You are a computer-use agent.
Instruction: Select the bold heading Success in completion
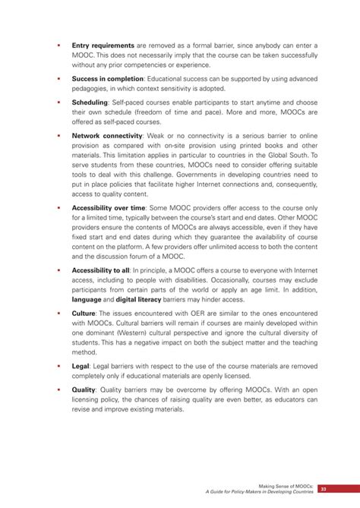point(108,78)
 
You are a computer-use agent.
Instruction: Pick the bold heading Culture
point(84,312)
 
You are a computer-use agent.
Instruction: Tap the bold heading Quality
point(84,390)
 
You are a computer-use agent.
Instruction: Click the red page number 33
point(323,489)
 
